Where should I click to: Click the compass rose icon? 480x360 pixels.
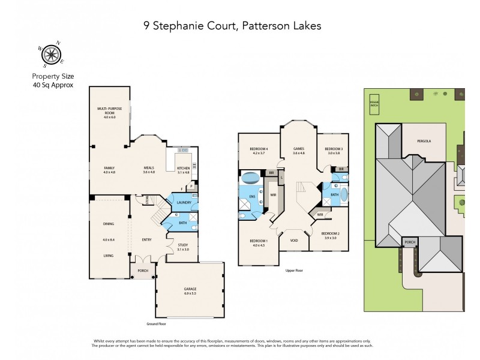coord(52,55)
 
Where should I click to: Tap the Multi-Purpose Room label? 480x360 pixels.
coord(109,110)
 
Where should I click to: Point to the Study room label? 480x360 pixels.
coord(183,247)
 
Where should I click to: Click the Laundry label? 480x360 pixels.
coord(184,202)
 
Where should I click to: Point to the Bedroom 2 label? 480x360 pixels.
coord(331,235)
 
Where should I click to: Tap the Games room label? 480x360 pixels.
coord(298,150)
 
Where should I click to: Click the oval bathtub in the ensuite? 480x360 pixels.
coord(250,178)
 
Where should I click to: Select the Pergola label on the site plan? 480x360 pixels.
coord(424,141)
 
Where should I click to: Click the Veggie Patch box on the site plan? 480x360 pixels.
coord(375,104)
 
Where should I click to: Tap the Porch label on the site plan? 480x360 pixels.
coord(410,242)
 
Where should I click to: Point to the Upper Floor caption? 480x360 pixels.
coord(294,271)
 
